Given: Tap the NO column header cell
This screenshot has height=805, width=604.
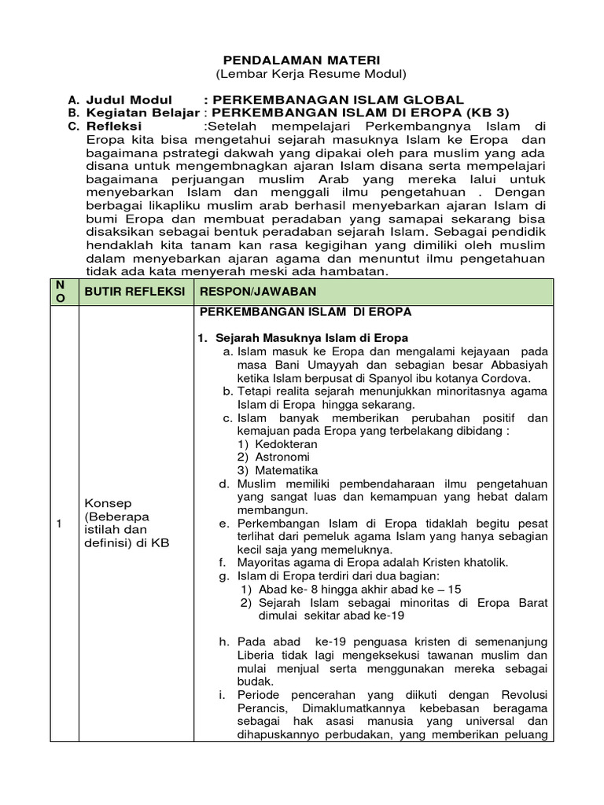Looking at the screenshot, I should [x=65, y=292].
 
